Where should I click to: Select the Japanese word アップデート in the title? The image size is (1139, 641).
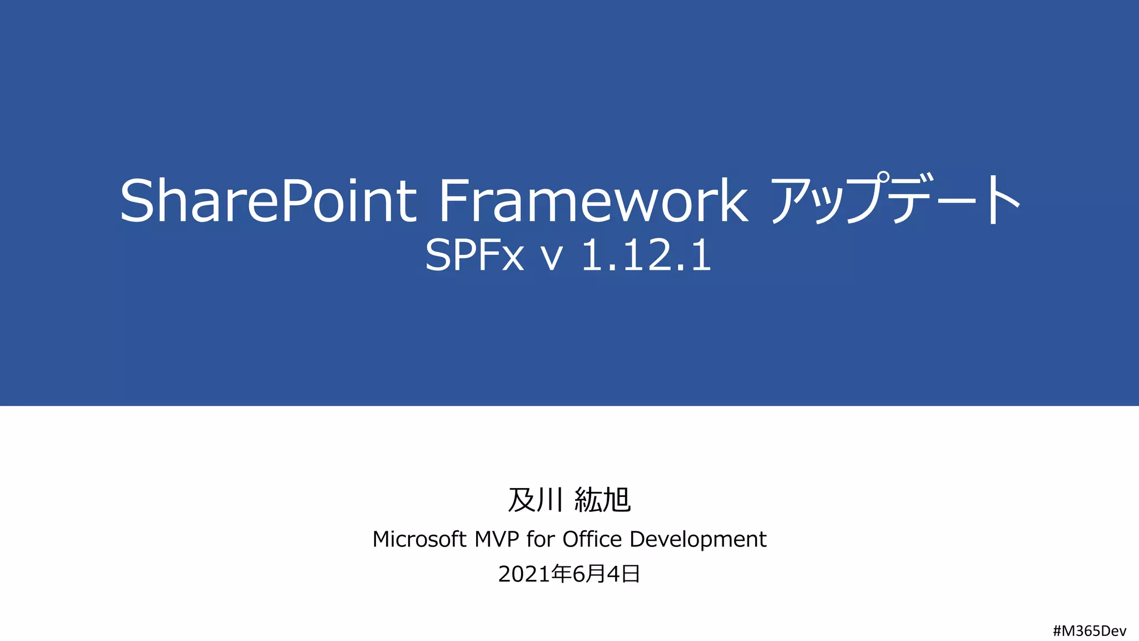895,199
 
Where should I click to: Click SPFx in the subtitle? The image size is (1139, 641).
474,256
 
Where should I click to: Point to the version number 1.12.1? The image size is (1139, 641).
646,256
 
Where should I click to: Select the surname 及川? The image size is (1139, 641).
535,500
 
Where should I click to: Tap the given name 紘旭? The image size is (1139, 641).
602,500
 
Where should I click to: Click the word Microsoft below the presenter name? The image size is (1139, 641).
419,539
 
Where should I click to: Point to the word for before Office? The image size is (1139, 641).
541,539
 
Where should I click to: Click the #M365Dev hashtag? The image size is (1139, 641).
1090,631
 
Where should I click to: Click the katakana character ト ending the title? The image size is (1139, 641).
1004,199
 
